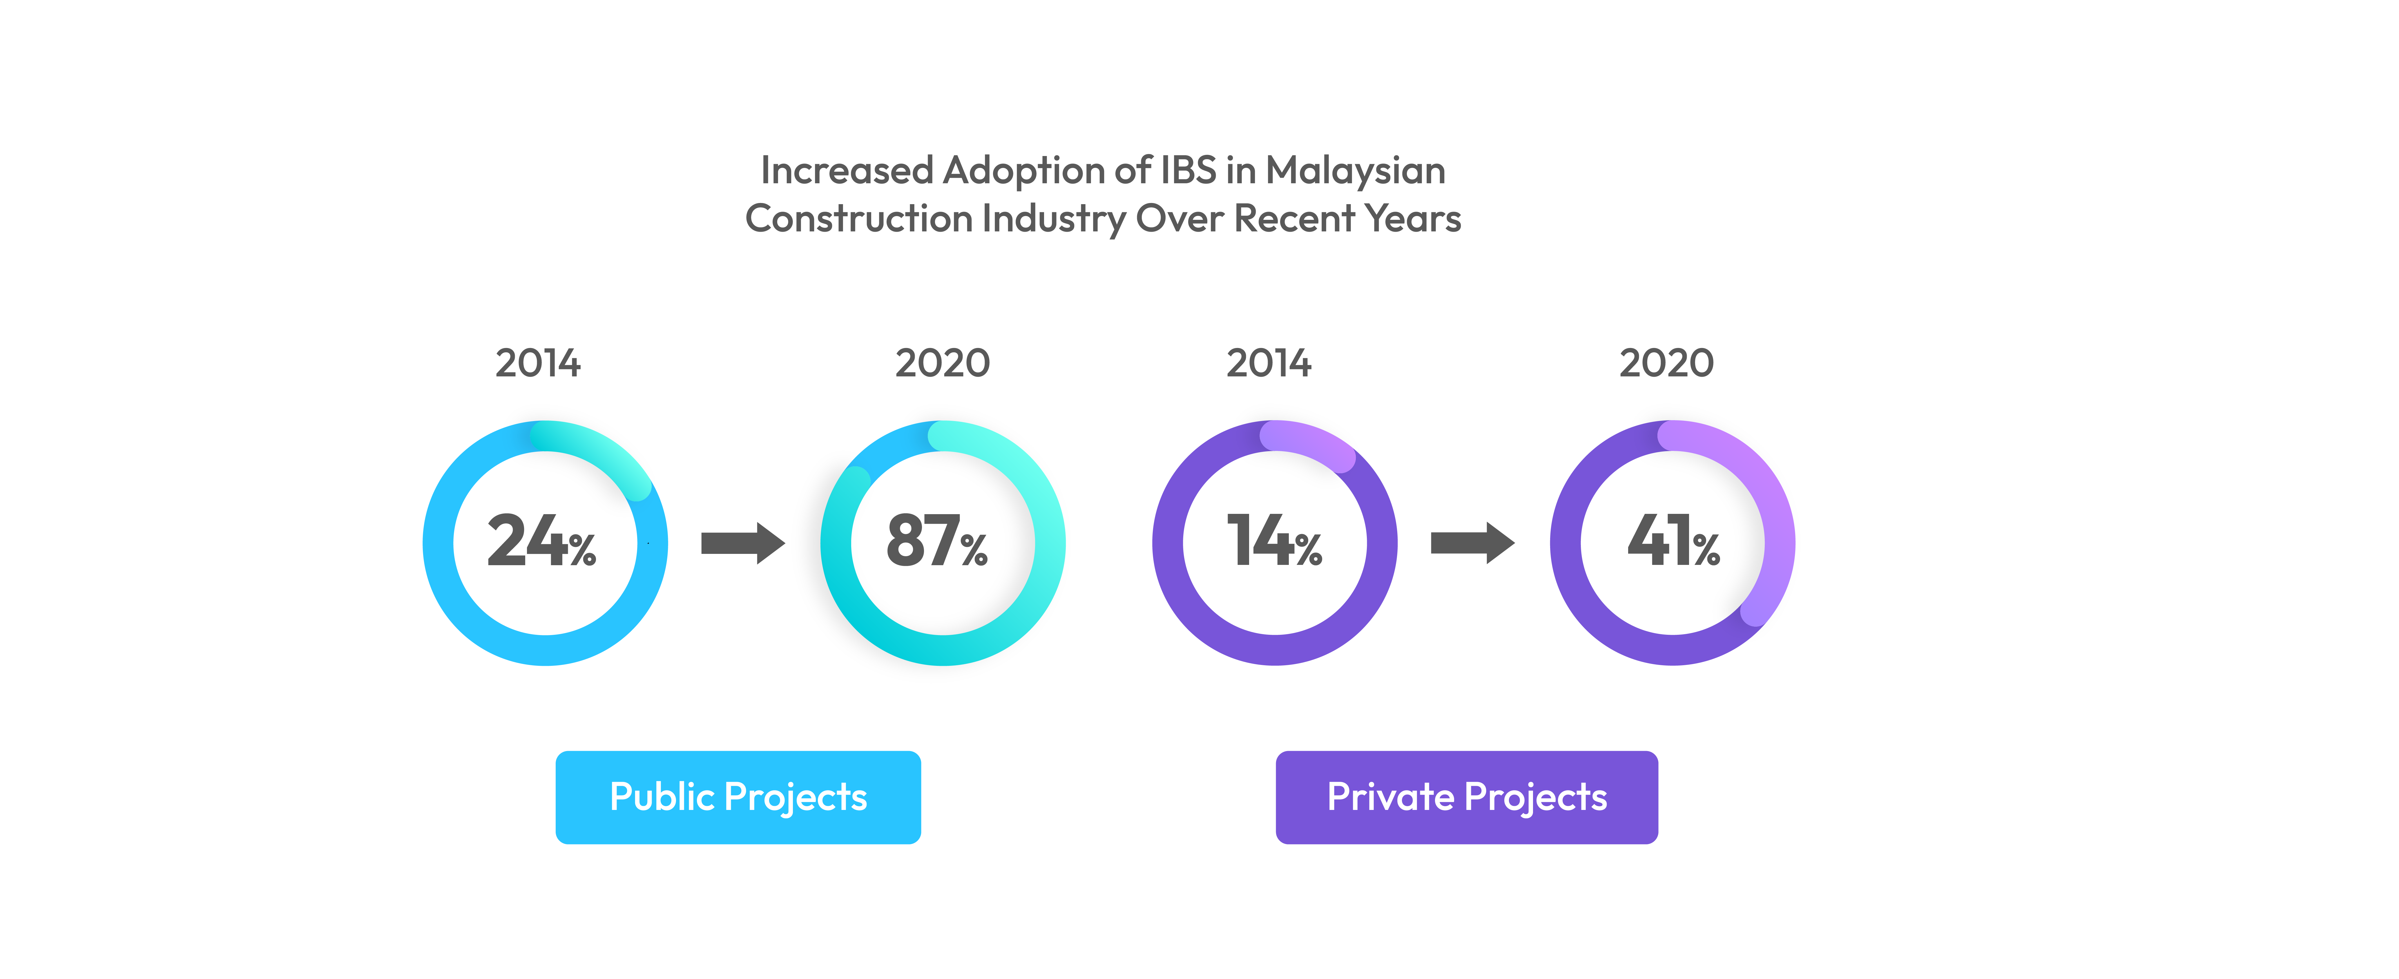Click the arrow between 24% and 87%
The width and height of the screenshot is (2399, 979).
(x=742, y=543)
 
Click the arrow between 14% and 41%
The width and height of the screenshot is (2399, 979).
(x=1472, y=543)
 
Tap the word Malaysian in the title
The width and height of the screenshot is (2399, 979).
(x=1355, y=171)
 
